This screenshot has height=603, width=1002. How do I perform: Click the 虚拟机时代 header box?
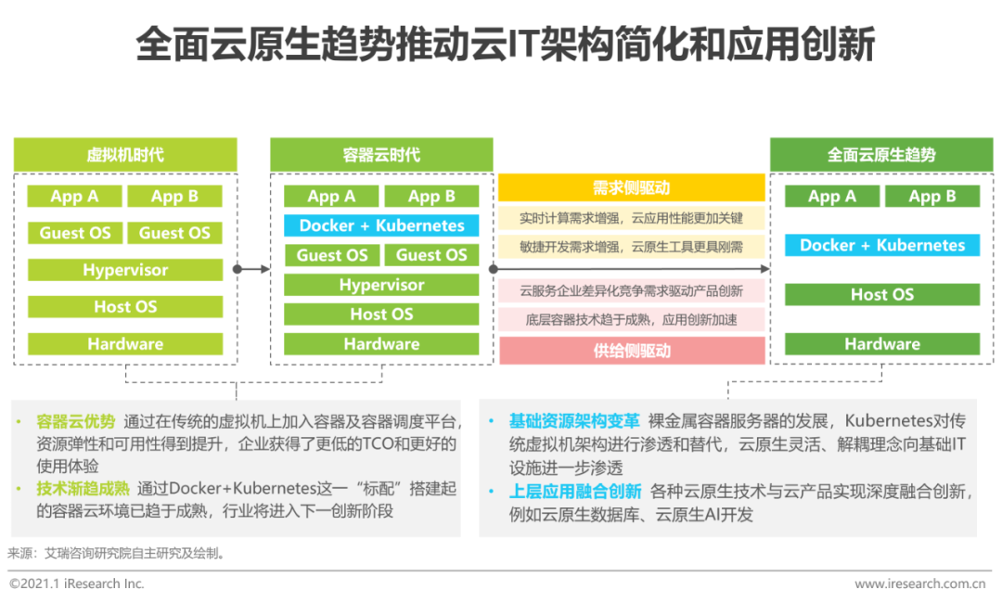[x=125, y=155]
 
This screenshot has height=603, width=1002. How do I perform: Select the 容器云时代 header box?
[x=381, y=155]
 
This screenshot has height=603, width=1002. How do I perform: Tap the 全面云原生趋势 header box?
[x=881, y=155]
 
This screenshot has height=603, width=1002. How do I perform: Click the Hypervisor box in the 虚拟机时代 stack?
[x=125, y=270]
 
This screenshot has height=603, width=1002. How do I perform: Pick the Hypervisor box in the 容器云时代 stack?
[x=381, y=285]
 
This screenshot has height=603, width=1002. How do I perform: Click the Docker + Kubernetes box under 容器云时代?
[x=381, y=225]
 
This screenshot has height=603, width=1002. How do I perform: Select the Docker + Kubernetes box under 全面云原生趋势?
[x=882, y=245]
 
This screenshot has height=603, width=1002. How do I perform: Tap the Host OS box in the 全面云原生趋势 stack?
[x=882, y=294]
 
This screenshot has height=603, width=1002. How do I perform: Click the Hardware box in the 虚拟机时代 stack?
[x=125, y=343]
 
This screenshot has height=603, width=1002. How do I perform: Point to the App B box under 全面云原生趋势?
[x=932, y=196]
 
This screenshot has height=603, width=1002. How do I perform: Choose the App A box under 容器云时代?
[x=331, y=196]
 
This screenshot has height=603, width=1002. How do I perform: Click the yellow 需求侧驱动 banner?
[x=632, y=187]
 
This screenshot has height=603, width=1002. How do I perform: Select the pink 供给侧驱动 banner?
[x=632, y=351]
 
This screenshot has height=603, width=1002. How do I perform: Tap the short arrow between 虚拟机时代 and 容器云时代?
[x=251, y=269]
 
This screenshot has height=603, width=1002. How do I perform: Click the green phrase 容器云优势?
[x=76, y=421]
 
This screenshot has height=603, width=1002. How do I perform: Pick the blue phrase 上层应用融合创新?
[x=575, y=492]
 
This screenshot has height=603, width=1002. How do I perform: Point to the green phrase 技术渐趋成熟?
[x=83, y=489]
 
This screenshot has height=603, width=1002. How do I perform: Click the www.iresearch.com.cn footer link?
[x=920, y=584]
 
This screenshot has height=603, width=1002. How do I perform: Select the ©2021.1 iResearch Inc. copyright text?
[x=77, y=584]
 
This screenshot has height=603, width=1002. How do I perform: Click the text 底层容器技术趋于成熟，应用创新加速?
[x=632, y=320]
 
